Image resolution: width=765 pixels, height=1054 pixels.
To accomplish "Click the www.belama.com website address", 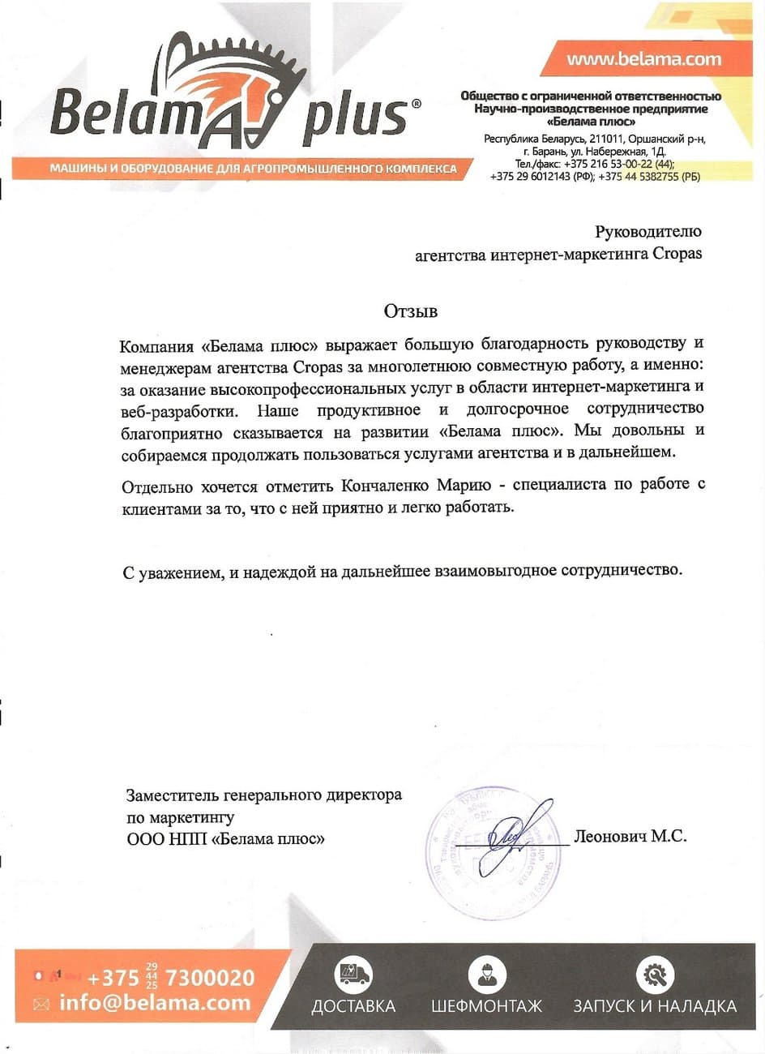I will [643, 58].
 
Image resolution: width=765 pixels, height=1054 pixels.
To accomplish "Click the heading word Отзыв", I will [410, 311].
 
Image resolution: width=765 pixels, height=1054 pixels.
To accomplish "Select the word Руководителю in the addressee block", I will [648, 232].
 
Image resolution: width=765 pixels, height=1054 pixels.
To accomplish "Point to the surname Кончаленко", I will [383, 486].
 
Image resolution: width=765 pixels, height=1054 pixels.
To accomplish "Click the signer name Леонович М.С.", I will [630, 836].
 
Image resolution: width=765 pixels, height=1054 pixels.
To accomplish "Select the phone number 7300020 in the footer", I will [210, 977].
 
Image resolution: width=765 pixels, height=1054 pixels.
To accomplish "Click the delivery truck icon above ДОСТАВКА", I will [353, 972].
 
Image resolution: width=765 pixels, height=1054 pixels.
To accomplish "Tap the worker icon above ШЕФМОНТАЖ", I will [486, 972].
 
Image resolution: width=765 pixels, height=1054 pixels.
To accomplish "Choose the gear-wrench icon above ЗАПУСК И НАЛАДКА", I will [655, 972].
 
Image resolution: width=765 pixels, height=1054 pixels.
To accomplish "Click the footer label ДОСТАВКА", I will [353, 1006].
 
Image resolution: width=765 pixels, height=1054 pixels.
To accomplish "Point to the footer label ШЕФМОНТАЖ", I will [486, 1006].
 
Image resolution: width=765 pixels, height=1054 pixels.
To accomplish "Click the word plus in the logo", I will [354, 115].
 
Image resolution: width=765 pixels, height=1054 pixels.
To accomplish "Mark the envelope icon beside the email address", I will [41, 1004].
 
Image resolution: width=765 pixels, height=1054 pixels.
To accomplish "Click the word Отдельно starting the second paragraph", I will [157, 486].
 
